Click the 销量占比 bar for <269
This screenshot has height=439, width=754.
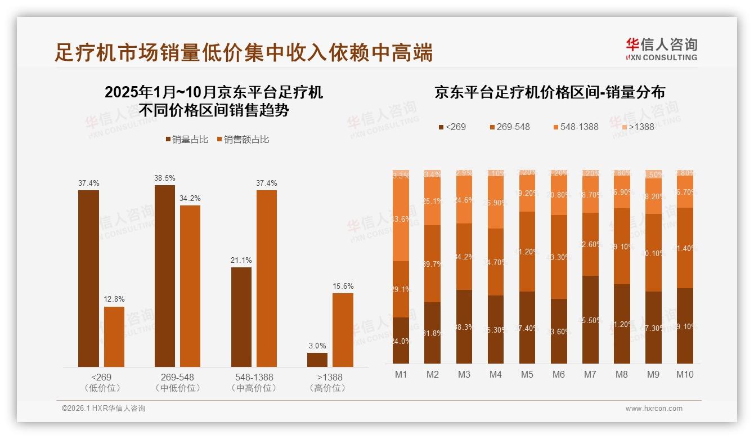click(x=88, y=279)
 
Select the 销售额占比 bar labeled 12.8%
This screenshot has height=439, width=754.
click(x=114, y=337)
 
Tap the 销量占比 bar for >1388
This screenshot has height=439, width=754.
click(x=317, y=360)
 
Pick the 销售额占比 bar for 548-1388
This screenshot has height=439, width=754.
click(x=267, y=279)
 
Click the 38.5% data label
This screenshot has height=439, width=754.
click(x=165, y=178)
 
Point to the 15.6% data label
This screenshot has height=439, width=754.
click(x=343, y=286)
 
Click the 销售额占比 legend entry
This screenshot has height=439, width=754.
click(x=243, y=140)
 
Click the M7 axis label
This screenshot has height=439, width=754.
click(x=590, y=374)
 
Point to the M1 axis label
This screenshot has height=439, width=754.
click(x=401, y=374)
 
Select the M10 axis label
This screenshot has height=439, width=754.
click(x=684, y=374)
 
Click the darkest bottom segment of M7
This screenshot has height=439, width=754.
click(x=590, y=320)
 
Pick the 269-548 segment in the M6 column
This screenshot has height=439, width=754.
click(x=559, y=257)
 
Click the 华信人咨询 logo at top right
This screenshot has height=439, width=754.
click(x=661, y=49)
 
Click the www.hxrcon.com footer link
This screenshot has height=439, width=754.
click(x=654, y=409)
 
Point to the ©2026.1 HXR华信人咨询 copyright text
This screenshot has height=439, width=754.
click(x=104, y=409)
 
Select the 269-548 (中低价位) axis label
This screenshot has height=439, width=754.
click(x=177, y=382)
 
